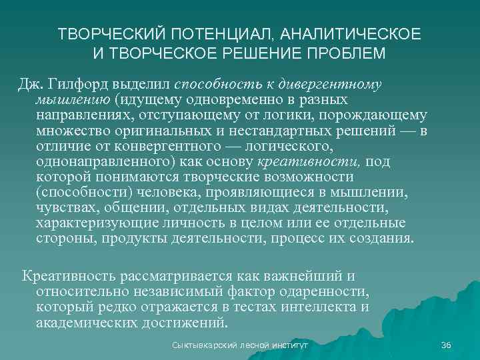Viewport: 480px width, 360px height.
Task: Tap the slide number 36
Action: coord(446,345)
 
